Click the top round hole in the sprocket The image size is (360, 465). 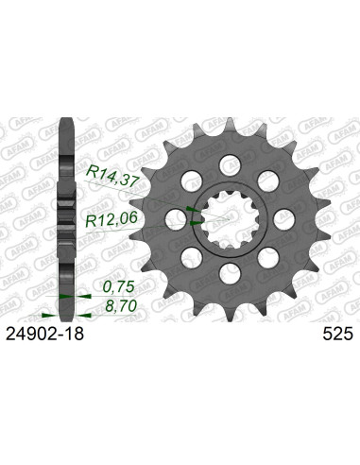[x=230, y=164]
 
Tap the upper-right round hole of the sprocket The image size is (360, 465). [x=267, y=181]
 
